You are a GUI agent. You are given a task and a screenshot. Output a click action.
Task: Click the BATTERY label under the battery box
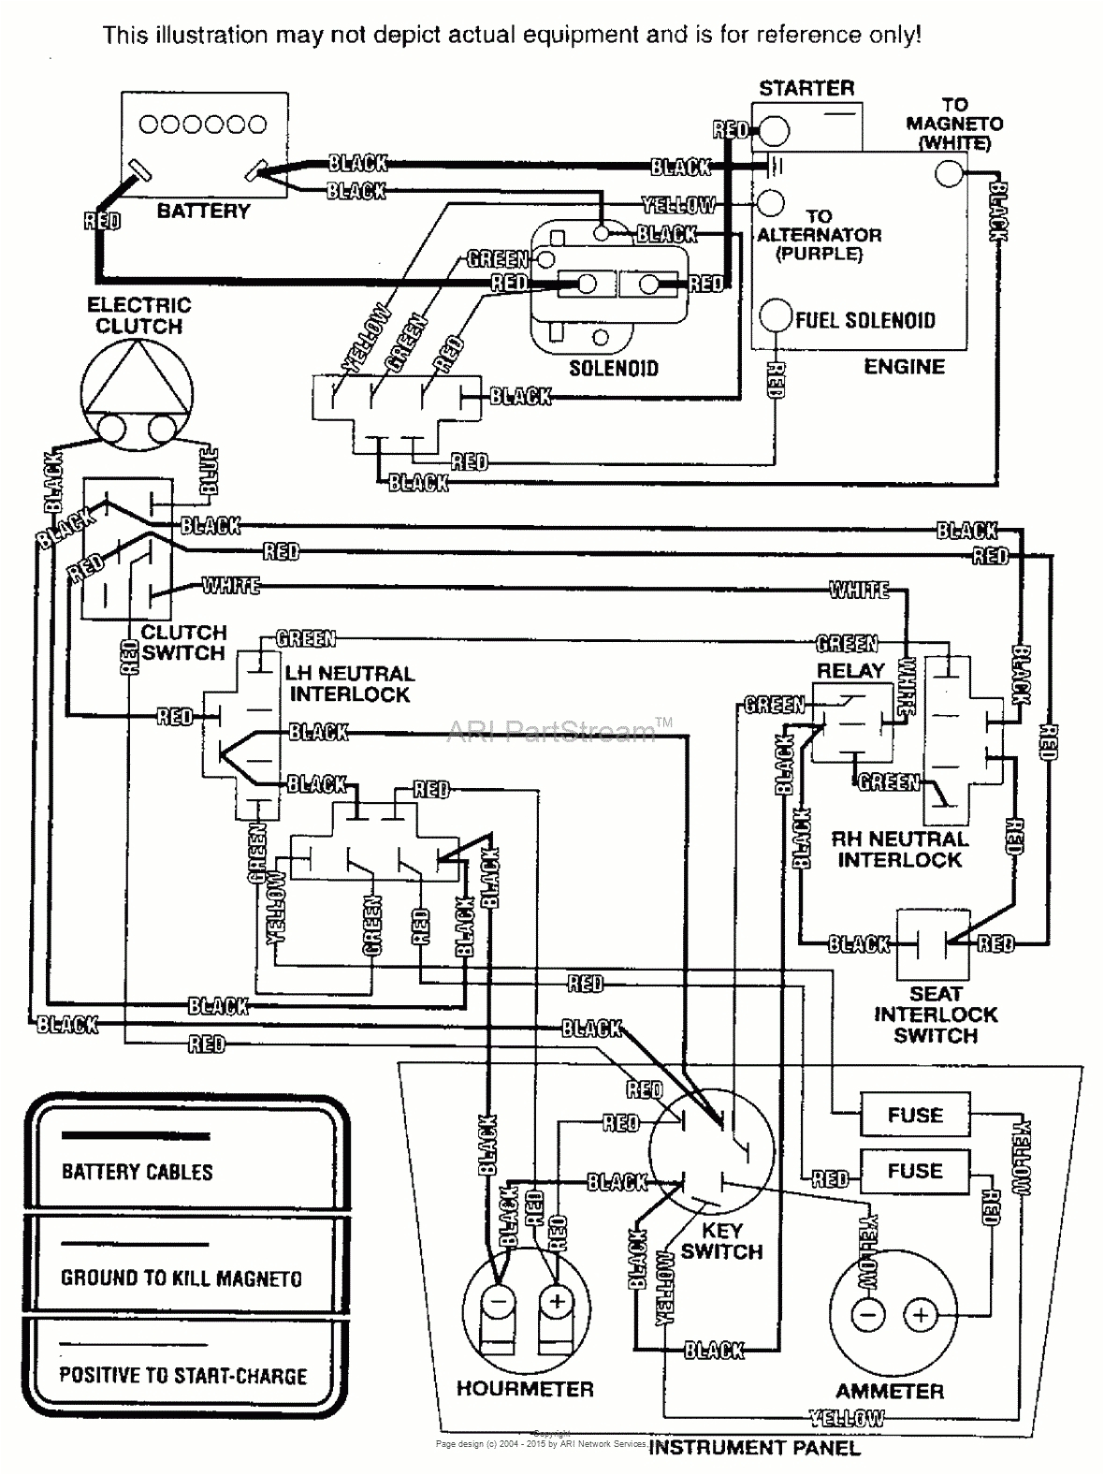pyautogui.click(x=203, y=212)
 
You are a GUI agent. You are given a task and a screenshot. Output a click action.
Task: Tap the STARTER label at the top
pyautogui.click(x=806, y=89)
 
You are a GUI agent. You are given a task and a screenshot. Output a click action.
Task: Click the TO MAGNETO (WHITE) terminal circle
pyautogui.click(x=949, y=172)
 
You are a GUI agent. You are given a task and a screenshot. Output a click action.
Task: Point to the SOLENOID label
pyautogui.click(x=614, y=369)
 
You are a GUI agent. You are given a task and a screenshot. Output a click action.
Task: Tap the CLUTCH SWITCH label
pyautogui.click(x=183, y=643)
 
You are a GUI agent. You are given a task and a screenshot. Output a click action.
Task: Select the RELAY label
pyautogui.click(x=850, y=671)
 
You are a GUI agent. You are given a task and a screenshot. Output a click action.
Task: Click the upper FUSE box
pyautogui.click(x=914, y=1115)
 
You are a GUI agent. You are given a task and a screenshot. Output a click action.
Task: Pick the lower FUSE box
pyautogui.click(x=914, y=1171)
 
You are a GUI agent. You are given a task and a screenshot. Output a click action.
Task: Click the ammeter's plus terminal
pyautogui.click(x=920, y=1316)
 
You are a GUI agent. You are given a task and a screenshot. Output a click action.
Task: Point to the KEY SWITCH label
pyautogui.click(x=721, y=1241)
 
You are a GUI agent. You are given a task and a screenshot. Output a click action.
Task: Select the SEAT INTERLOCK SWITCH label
pyautogui.click(x=936, y=1015)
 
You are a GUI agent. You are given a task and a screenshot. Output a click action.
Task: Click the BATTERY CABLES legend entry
pyautogui.click(x=138, y=1172)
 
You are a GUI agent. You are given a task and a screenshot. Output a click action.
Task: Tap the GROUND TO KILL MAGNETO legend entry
pyautogui.click(x=182, y=1278)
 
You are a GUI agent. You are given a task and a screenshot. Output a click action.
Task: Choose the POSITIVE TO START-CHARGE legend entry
pyautogui.click(x=183, y=1376)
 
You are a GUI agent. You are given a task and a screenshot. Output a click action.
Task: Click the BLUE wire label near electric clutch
pyautogui.click(x=209, y=471)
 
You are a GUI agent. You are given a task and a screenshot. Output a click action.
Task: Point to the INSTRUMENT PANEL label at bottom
pyautogui.click(x=754, y=1448)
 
